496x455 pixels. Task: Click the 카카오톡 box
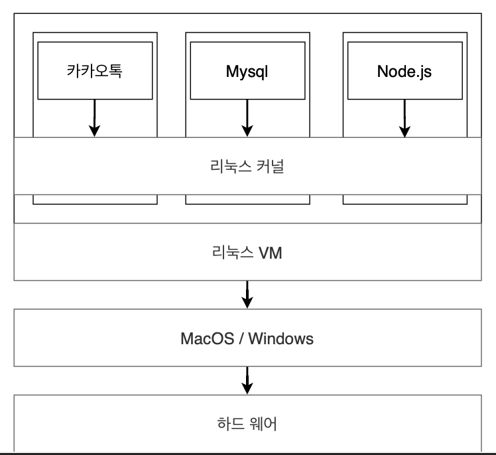click(95, 70)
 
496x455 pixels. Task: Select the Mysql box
click(247, 70)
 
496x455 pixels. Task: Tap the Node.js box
click(404, 70)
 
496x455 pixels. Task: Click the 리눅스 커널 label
click(247, 166)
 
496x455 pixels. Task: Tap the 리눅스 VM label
click(247, 252)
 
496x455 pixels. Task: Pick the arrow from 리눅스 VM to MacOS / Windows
click(247, 294)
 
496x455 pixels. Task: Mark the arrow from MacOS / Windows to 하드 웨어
click(247, 380)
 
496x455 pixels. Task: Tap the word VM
click(269, 252)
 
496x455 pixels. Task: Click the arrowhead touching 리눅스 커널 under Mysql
click(247, 131)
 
